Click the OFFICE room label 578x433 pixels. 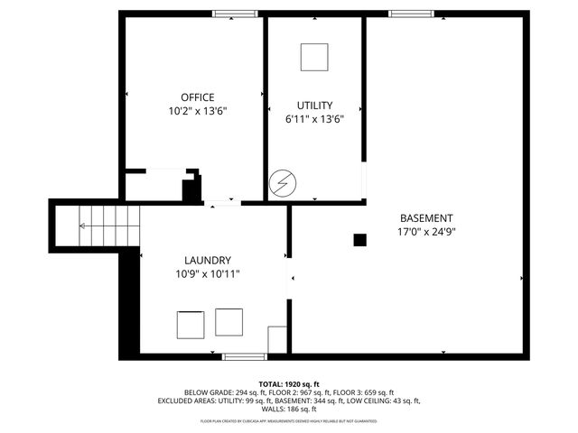[x=197, y=97]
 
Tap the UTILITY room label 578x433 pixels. [x=314, y=106]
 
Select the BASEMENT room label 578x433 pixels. [x=425, y=218]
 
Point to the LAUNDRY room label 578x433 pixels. [x=209, y=260]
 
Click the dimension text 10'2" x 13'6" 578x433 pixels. [x=197, y=112]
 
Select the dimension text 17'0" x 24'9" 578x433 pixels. [x=425, y=232]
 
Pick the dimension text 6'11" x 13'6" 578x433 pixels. [x=314, y=118]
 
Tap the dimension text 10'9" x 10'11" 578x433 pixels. [x=209, y=273]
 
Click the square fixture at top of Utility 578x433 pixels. [x=314, y=57]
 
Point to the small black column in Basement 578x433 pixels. [x=359, y=240]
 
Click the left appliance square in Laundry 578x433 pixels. [x=191, y=324]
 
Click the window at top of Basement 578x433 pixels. [x=411, y=14]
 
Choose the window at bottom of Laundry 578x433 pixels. [x=245, y=357]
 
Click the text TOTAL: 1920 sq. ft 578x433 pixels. [x=289, y=383]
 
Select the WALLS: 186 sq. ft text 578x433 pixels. [x=289, y=409]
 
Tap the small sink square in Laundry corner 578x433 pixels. [x=278, y=338]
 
